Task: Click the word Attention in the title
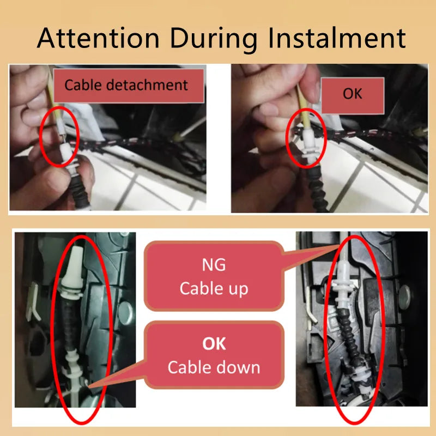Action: (98, 38)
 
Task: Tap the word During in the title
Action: (214, 38)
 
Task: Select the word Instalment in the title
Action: (337, 38)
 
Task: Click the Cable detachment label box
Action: (129, 86)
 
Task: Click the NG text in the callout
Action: (214, 265)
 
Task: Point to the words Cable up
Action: (214, 289)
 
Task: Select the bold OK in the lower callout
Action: (214, 344)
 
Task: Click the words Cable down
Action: (214, 367)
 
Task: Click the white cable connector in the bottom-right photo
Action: (343, 283)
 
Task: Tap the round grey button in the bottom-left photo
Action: (126, 313)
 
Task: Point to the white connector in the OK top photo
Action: (308, 146)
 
